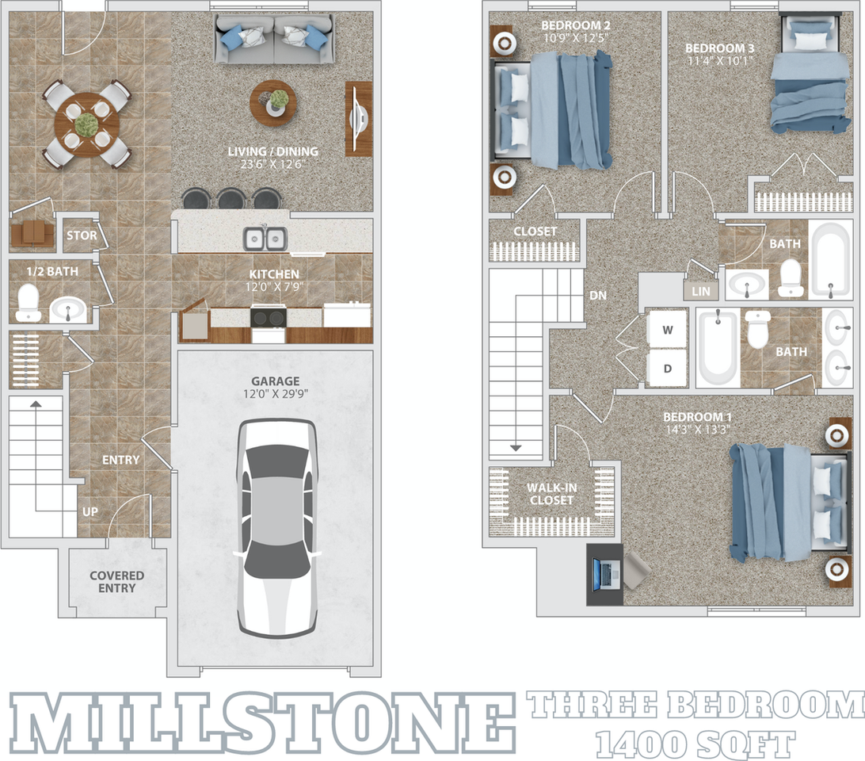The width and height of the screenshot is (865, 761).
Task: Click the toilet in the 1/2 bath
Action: [29, 302]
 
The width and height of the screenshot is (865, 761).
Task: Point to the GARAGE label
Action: [275, 380]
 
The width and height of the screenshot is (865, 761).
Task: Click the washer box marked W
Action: [667, 329]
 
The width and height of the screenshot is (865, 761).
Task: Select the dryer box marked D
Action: [667, 368]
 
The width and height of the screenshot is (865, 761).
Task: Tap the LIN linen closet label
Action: [701, 291]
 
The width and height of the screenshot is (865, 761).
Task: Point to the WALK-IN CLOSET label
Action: [551, 494]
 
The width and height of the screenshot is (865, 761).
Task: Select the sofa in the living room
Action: [274, 40]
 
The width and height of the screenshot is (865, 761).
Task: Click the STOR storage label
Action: [82, 235]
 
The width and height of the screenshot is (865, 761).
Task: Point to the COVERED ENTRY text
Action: [117, 582]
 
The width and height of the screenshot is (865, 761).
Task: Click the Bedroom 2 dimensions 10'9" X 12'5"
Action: [576, 36]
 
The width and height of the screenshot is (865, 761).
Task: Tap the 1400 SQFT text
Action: [695, 744]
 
